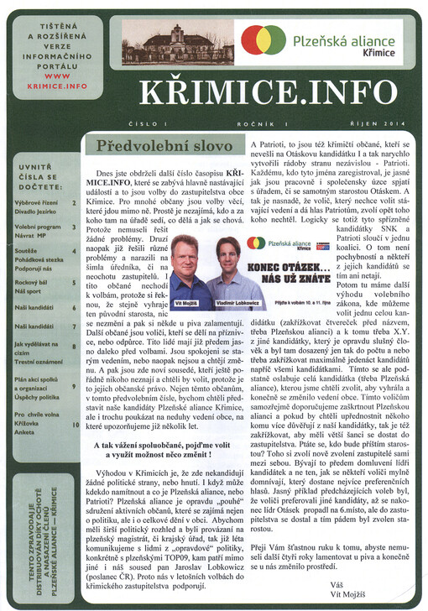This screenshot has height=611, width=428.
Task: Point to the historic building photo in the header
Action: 177,44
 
